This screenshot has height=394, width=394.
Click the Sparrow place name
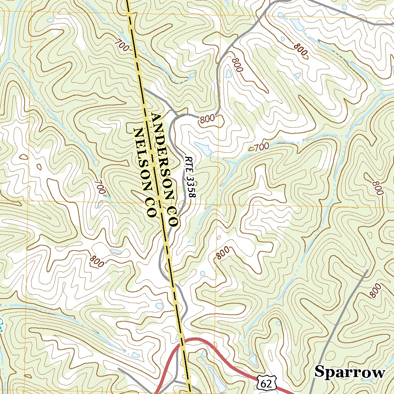pos(350,372)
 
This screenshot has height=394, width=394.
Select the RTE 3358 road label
pos(190,177)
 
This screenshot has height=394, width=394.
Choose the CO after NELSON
pos(150,208)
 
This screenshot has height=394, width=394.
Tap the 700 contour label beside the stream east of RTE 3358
pos(262,147)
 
